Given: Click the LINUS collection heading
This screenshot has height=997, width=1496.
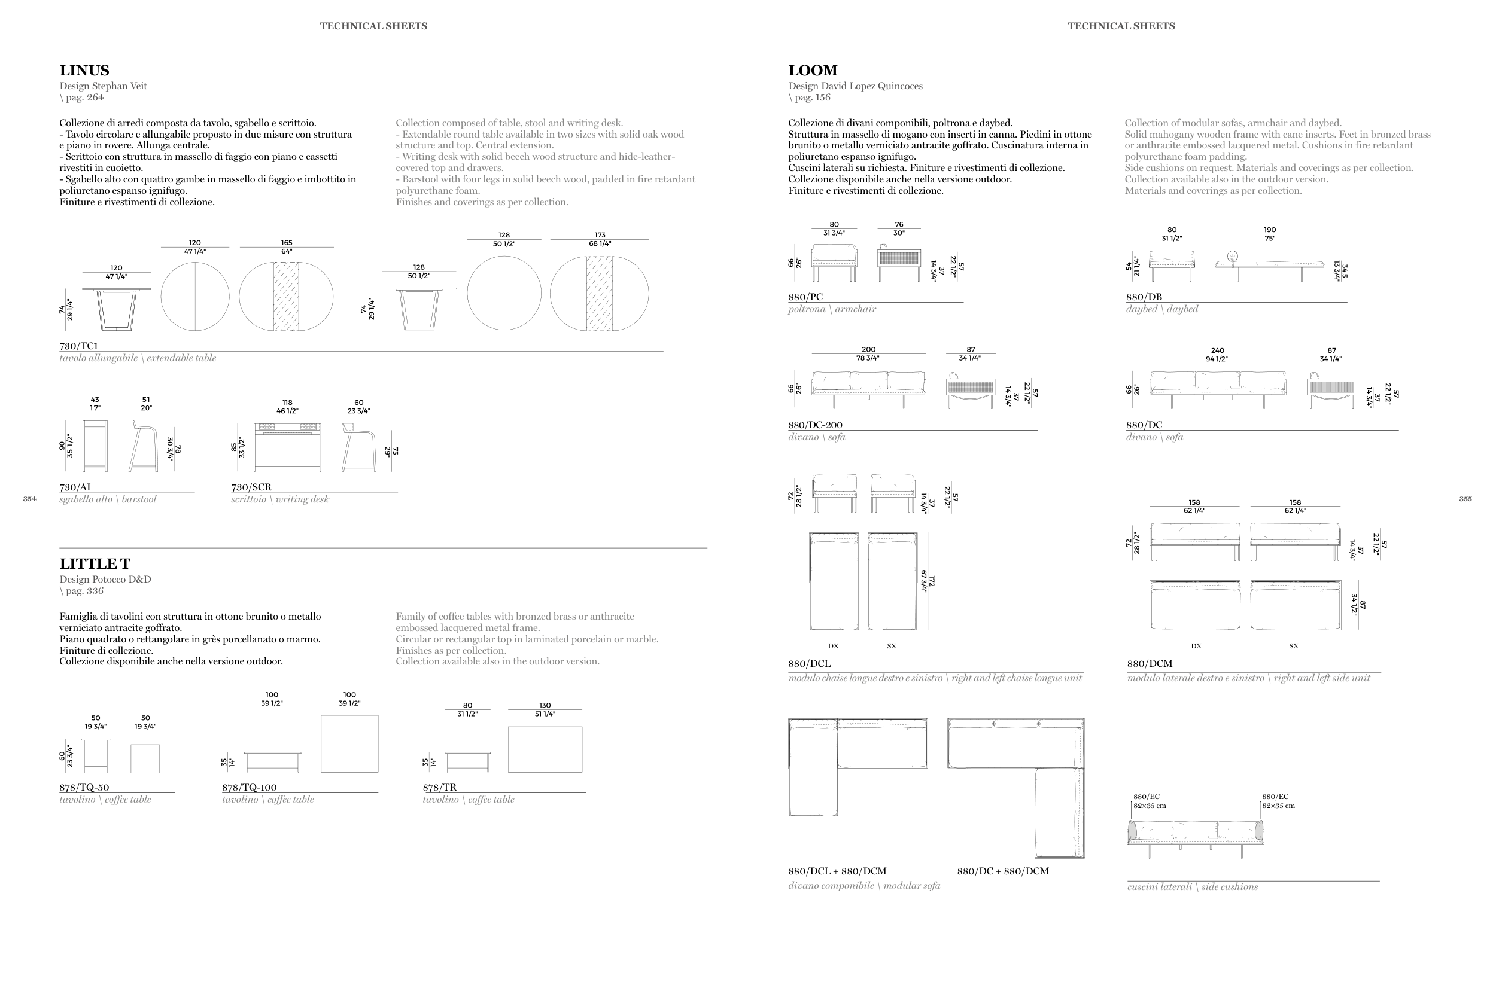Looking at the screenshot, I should (84, 71).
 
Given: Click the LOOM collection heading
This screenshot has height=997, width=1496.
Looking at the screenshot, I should (812, 71).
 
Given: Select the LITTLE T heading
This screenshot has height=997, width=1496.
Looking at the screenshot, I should (95, 564).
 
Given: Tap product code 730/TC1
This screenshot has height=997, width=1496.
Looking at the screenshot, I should (78, 346).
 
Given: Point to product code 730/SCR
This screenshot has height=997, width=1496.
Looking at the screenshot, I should (251, 487).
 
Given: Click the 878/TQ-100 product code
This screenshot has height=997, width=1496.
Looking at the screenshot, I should (250, 787).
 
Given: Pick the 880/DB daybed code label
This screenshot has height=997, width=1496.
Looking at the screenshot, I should (1144, 297).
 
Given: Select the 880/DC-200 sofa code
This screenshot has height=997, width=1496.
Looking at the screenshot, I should (815, 425).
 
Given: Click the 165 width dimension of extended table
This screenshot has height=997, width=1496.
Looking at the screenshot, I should (287, 243).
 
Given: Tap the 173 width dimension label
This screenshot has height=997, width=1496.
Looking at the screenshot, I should (600, 235).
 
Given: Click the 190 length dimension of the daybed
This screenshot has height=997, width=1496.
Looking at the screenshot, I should (1270, 230).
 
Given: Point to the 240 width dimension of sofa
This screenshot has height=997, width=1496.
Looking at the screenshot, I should (1217, 351).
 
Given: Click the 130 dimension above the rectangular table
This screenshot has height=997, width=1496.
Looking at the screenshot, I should (545, 705).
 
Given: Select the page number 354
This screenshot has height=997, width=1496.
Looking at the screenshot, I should (29, 499).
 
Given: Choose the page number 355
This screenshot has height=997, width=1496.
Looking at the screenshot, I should (1465, 499).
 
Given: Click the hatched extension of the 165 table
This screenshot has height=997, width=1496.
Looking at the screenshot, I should (286, 296).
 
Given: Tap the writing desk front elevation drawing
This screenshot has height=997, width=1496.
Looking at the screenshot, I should (287, 447).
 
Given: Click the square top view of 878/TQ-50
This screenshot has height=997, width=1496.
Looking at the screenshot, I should (145, 758).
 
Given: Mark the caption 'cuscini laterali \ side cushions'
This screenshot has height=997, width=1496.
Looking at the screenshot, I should (1192, 887).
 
